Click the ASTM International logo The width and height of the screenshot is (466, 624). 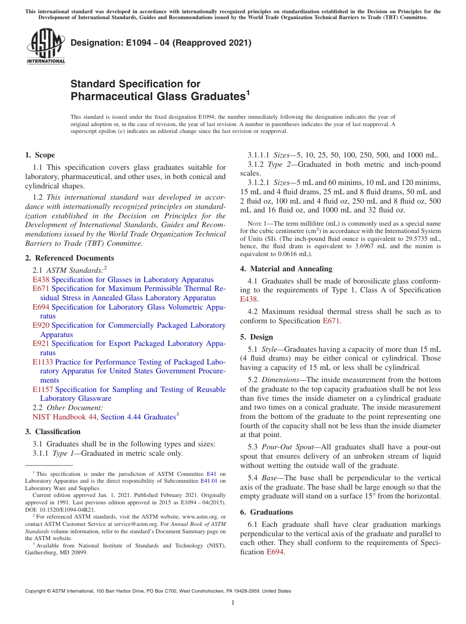click(x=45, y=47)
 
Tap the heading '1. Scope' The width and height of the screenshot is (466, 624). click(x=40, y=155)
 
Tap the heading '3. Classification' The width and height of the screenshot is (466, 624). click(x=52, y=432)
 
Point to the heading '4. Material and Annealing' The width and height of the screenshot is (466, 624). click(x=286, y=268)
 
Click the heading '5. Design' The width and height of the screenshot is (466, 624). click(x=257, y=337)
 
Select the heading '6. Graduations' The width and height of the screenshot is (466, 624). click(x=266, y=512)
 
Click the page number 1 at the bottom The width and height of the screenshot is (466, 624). click(x=233, y=603)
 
